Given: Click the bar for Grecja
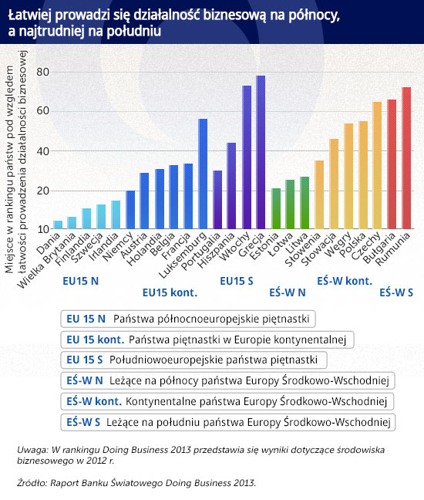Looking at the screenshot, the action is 261,152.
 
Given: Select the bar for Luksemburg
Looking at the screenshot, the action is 203,174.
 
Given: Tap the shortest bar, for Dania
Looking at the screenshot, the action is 58,225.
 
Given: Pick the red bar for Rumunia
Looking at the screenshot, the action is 406,158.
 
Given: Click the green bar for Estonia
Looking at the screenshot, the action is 276,208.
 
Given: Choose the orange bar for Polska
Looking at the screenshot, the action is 363,175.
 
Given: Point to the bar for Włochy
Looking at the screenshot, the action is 247,157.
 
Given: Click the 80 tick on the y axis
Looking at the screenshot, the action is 42,72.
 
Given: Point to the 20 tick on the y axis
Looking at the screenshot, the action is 42,191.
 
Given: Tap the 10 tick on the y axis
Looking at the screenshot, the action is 42,229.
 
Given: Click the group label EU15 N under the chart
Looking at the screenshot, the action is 81,281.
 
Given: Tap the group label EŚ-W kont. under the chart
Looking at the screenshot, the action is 345,281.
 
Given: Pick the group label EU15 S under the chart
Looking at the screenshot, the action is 237,281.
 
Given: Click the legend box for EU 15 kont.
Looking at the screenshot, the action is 207,340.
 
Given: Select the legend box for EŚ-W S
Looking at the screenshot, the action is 227,422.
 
